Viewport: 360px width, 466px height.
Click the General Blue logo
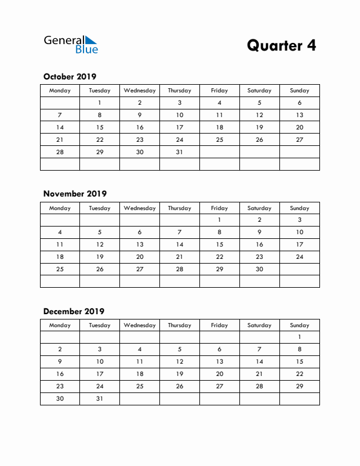pyautogui.click(x=71, y=44)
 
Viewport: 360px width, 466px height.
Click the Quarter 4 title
pyautogui.click(x=281, y=45)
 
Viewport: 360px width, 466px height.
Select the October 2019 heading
pyautogui.click(x=69, y=76)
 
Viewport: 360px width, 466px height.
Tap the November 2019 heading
pyautogui.click(x=75, y=194)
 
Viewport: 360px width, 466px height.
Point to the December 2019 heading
pyautogui.click(x=74, y=311)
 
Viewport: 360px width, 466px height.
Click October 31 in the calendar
pyautogui.click(x=179, y=152)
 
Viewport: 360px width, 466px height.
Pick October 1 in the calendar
pyautogui.click(x=99, y=102)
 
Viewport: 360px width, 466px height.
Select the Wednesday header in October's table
pyautogui.click(x=139, y=91)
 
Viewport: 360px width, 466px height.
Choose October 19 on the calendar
pyautogui.click(x=259, y=127)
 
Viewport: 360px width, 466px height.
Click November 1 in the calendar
pyautogui.click(x=219, y=220)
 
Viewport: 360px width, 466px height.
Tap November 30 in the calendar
pyautogui.click(x=259, y=269)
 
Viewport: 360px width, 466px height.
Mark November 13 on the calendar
pyautogui.click(x=139, y=244)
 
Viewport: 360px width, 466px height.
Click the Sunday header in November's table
pyautogui.click(x=299, y=208)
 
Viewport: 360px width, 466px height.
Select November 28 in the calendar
pyautogui.click(x=179, y=269)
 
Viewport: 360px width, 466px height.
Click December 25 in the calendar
pyautogui.click(x=139, y=387)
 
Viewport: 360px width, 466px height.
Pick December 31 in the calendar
pyautogui.click(x=99, y=398)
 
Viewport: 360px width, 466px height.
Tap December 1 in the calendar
pyautogui.click(x=299, y=337)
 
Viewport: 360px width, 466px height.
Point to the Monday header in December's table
pyautogui.click(x=59, y=325)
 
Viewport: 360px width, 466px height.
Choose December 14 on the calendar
pyautogui.click(x=259, y=362)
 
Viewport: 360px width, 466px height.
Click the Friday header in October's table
pyautogui.click(x=219, y=91)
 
